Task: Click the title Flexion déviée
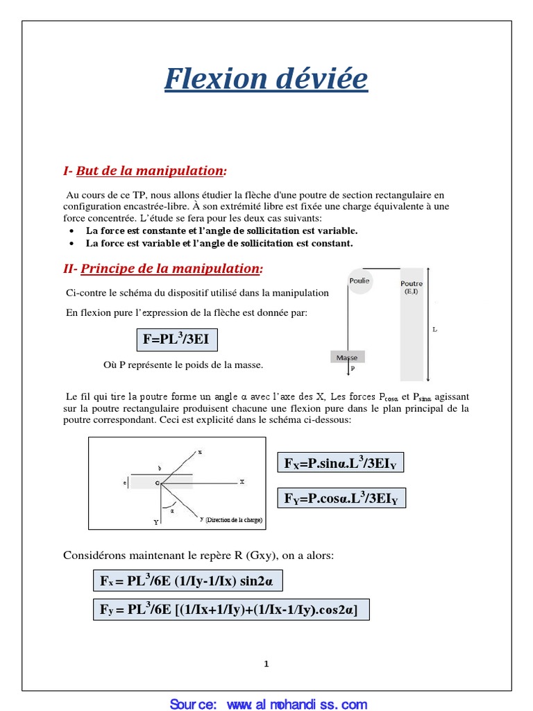[x=266, y=79]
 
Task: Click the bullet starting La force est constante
[x=221, y=231]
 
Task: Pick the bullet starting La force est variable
[x=219, y=244]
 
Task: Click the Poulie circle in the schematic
[x=359, y=281]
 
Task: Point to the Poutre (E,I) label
[x=411, y=287]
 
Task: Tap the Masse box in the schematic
[x=347, y=357]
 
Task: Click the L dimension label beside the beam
[x=435, y=330]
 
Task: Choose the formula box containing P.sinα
[x=340, y=462]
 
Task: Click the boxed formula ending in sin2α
[x=187, y=580]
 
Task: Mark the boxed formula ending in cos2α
[x=231, y=610]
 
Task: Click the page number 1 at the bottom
[x=266, y=664]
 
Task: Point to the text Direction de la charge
[x=234, y=519]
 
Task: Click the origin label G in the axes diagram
[x=158, y=482]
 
